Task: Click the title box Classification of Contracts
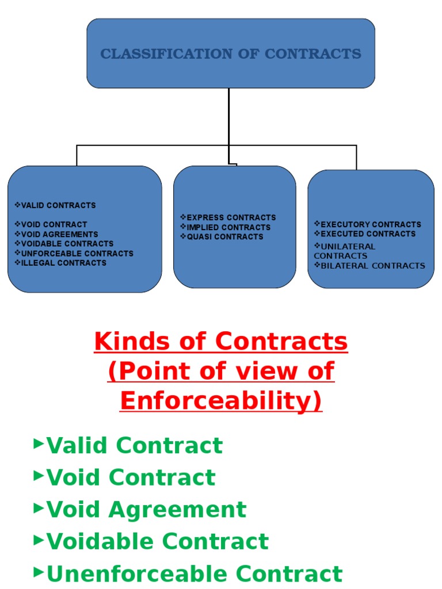coord(231,53)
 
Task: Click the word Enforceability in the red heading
coord(221,401)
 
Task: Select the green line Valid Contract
coord(134,446)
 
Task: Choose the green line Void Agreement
coord(146,510)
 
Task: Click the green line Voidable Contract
coord(157,542)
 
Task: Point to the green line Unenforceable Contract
coord(194,574)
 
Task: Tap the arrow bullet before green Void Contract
coord(39,475)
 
